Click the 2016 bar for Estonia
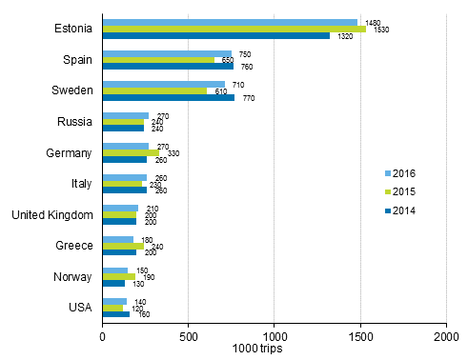(229, 22)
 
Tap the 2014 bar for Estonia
(215, 35)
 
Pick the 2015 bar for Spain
(158, 60)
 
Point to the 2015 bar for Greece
(123, 246)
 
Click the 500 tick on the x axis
(188, 335)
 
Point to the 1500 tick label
(360, 335)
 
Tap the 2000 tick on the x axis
(446, 335)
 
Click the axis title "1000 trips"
(269, 350)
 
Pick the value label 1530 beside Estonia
(380, 30)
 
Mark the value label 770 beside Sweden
(248, 98)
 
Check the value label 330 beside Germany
(171, 153)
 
